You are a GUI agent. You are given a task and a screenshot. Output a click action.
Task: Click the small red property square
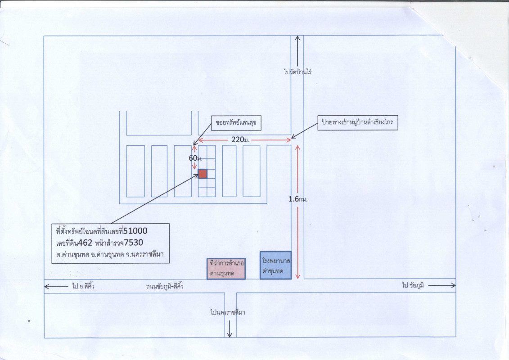202,174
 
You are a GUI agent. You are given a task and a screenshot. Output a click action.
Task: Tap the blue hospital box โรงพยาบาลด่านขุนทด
275,265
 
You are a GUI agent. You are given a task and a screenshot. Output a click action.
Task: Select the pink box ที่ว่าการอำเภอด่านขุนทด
226,269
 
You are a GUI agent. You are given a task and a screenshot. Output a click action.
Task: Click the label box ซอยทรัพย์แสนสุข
236,123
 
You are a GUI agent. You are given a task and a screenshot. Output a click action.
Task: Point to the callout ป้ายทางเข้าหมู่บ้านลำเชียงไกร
357,122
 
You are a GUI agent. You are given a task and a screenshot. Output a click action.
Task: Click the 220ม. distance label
240,140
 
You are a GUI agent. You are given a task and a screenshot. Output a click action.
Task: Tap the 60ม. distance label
195,158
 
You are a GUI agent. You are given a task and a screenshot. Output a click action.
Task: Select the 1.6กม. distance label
297,199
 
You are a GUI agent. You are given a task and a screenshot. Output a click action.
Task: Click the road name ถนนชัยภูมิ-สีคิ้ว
165,286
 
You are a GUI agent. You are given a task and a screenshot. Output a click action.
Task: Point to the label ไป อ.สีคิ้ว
83,286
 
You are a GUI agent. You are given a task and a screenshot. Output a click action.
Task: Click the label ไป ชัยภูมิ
413,285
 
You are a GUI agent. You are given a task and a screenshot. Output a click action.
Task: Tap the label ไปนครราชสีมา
228,312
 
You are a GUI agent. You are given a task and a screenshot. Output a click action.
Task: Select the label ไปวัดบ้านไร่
297,72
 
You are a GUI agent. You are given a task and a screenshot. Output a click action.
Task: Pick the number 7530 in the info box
133,243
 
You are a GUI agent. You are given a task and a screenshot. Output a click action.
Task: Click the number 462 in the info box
86,243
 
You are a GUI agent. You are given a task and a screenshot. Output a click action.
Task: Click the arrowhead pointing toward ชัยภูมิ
453,286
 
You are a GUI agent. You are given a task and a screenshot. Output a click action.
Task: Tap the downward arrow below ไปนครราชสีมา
230,329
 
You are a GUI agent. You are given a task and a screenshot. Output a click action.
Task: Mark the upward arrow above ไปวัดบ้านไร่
297,51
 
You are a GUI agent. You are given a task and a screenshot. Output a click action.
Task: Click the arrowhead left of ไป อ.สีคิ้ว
47,287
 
